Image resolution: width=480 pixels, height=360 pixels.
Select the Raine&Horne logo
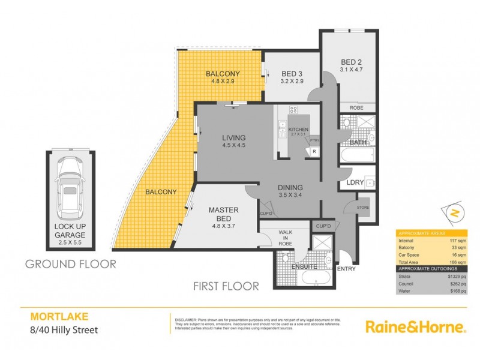point(415,327)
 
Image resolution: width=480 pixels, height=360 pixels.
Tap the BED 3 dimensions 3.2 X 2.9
point(292,83)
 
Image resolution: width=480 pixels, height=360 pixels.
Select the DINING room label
point(290,187)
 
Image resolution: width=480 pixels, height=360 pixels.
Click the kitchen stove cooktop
point(294,110)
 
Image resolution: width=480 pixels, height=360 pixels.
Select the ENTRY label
point(347,268)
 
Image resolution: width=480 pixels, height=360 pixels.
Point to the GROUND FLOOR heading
point(70,264)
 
